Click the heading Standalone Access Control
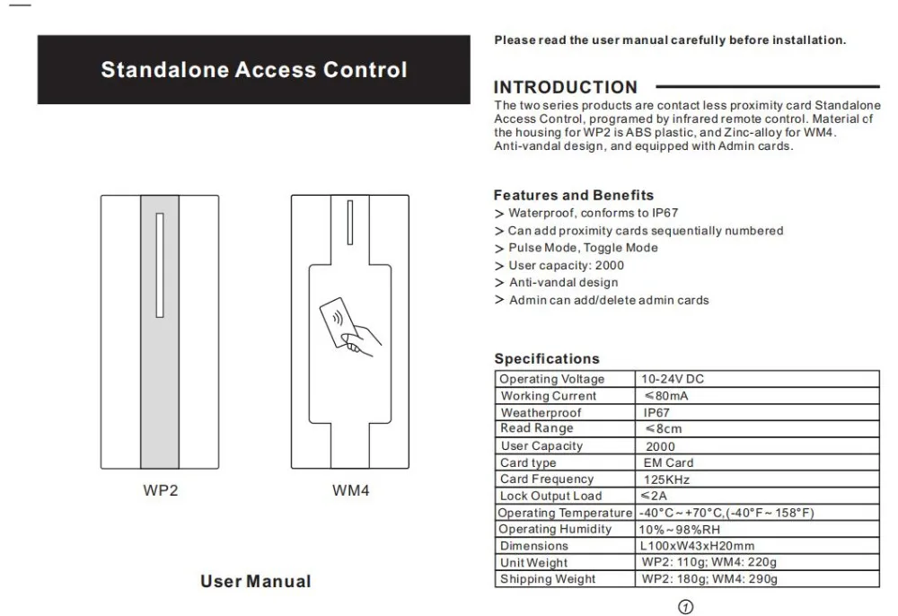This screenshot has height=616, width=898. click(254, 70)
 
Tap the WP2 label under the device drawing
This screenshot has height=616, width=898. click(161, 491)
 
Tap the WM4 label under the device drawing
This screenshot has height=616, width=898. click(351, 491)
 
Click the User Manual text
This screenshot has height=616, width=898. click(255, 581)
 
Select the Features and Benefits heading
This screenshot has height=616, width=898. click(574, 195)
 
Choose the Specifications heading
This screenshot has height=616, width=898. click(546, 359)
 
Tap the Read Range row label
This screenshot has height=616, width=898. click(537, 429)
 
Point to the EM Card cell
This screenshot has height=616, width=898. click(668, 462)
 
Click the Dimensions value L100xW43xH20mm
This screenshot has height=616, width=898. click(697, 546)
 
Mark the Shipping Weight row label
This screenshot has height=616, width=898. click(548, 579)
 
